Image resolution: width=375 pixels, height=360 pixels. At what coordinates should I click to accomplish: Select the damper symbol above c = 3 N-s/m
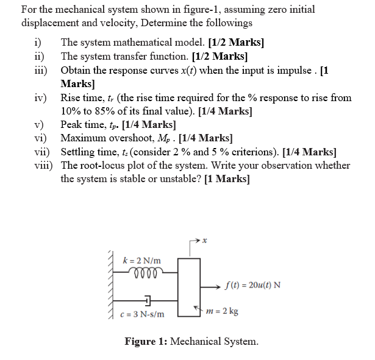tap(148, 300)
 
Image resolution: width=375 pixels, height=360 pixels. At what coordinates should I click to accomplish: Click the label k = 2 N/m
tap(141, 261)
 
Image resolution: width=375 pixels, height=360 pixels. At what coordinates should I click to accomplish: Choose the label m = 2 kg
tap(223, 311)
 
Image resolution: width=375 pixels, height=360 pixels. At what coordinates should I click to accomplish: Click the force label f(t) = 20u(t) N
tap(252, 284)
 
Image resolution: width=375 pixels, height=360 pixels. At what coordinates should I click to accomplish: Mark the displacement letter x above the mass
tap(205, 242)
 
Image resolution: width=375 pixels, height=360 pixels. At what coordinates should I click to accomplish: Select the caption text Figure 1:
tap(146, 341)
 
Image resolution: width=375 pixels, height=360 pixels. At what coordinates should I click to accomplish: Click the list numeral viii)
tap(43, 165)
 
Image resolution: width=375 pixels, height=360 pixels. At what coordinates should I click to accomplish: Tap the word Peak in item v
tap(73, 125)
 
